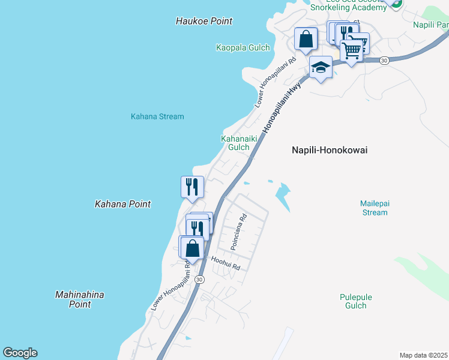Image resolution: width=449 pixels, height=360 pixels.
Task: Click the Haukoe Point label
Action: tap(203, 21)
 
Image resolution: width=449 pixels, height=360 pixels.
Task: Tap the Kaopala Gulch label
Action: tap(243, 47)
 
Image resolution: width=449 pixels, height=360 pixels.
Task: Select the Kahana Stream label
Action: tap(157, 116)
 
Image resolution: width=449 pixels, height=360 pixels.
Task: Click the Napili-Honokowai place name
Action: tap(329, 151)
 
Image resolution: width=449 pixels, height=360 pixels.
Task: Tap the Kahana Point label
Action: tap(122, 204)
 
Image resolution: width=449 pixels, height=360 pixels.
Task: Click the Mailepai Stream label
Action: tap(374, 208)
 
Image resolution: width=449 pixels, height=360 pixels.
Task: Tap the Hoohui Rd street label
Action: tap(225, 263)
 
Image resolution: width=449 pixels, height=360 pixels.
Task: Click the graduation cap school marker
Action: tap(321, 67)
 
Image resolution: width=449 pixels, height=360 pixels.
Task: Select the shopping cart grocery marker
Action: tap(352, 49)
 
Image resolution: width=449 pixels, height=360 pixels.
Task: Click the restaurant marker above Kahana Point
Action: tap(192, 186)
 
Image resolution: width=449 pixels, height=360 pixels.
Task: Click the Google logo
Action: tap(20, 353)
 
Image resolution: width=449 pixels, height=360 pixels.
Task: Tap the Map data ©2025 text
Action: tap(424, 355)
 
